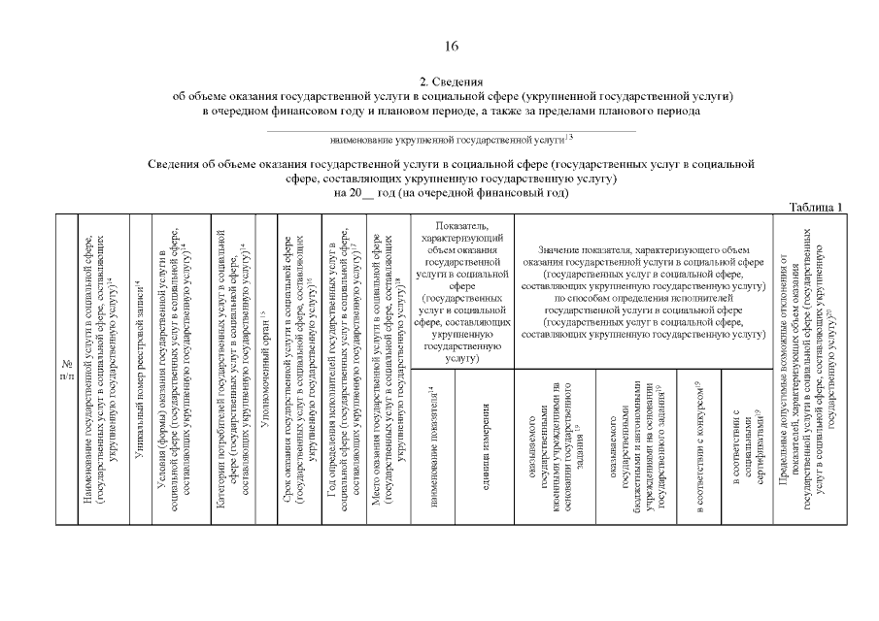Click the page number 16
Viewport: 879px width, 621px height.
(452, 46)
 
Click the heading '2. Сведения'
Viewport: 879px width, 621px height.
(451, 81)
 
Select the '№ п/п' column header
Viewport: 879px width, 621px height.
(67, 369)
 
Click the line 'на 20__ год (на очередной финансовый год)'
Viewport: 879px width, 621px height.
(451, 192)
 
